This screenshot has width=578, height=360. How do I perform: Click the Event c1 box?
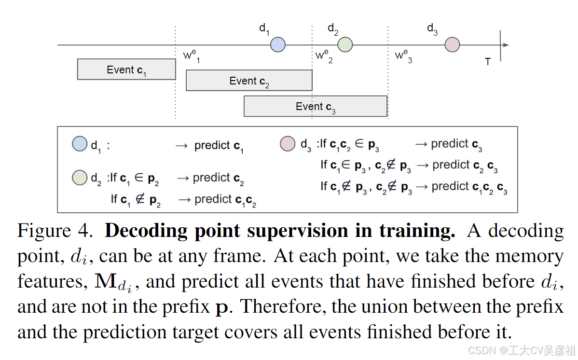126,69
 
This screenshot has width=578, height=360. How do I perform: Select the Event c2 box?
249,81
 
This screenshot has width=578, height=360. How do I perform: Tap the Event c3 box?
315,106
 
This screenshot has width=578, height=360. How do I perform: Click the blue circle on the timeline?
277,45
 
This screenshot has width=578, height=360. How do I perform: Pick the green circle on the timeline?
345,45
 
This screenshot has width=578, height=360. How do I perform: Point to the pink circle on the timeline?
452,45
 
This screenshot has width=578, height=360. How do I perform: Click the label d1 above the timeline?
264,29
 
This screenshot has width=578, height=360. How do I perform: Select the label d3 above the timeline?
432,29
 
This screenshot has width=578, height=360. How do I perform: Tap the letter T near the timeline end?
488,62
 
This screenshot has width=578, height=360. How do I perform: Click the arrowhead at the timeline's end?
506,45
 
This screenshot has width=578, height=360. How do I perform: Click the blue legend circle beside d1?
80,144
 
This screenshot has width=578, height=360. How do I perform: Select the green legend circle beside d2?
80,178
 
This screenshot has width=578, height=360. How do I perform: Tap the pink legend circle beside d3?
288,144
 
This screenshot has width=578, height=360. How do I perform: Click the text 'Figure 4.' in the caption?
55,231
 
